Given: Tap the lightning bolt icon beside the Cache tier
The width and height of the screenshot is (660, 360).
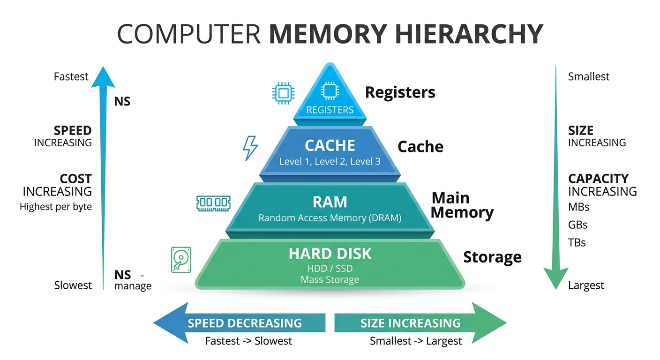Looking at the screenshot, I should pos(250,148).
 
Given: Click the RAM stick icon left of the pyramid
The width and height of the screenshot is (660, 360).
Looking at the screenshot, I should pos(213,202).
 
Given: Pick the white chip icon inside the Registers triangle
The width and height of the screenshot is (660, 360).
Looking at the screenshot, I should pos(330,91).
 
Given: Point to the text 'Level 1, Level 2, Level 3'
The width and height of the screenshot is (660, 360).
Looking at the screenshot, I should pos(330,162).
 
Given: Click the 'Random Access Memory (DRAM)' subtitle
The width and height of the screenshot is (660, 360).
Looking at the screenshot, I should pos(330,218).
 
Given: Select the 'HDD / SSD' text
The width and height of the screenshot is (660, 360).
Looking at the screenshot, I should pos(330,268).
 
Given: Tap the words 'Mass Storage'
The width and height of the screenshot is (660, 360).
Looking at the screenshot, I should pos(330,280).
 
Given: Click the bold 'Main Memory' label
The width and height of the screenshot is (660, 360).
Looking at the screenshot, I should pos(462,205).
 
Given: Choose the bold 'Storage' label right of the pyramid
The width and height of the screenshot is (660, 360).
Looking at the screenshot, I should pos(492,257).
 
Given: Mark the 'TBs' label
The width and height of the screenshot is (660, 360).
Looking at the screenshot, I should pos(577,243).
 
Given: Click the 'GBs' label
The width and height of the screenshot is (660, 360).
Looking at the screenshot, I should pos(577,225).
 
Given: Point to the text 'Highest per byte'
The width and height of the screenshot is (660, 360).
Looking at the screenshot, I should pos(56,207).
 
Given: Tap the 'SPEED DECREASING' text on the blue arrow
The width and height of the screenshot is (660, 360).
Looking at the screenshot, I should pos(245,323).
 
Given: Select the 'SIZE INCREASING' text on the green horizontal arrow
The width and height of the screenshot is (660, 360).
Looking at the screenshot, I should pos(410,323).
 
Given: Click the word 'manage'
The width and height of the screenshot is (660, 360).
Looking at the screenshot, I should pos(133,286).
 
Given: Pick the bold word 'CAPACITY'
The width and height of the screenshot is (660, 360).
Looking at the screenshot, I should pos(598,179).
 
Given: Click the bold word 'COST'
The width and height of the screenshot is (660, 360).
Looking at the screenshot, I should pos(75,179).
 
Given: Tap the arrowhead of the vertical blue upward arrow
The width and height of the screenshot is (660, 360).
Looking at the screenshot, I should pos(103,77).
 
